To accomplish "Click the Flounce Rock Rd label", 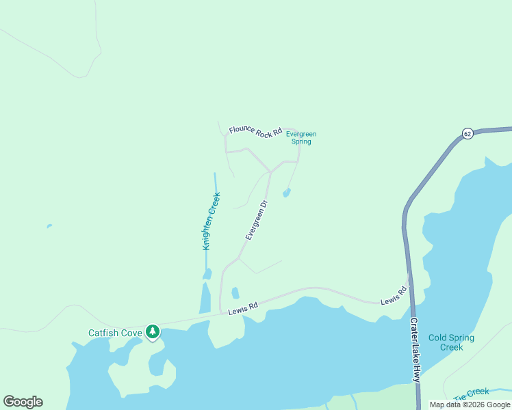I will click(255, 131).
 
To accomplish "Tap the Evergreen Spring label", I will click(301, 137).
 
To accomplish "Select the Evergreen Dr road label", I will click(255, 219).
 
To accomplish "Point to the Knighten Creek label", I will click(212, 221).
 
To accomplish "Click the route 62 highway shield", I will click(467, 134).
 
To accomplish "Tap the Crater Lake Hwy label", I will click(415, 349).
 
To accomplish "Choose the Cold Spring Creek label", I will click(451, 342).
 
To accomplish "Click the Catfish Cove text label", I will click(115, 333).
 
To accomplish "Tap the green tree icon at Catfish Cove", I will click(153, 333).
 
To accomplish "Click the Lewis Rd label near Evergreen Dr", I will click(243, 310).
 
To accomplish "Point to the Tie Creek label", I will click(472, 392).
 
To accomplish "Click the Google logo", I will click(23, 402).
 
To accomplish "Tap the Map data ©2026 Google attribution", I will click(470, 405).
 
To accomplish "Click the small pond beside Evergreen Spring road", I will click(286, 193).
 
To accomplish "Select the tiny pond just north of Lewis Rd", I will click(235, 293).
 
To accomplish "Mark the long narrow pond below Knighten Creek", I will click(205, 298).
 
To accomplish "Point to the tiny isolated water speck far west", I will click(48, 226).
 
